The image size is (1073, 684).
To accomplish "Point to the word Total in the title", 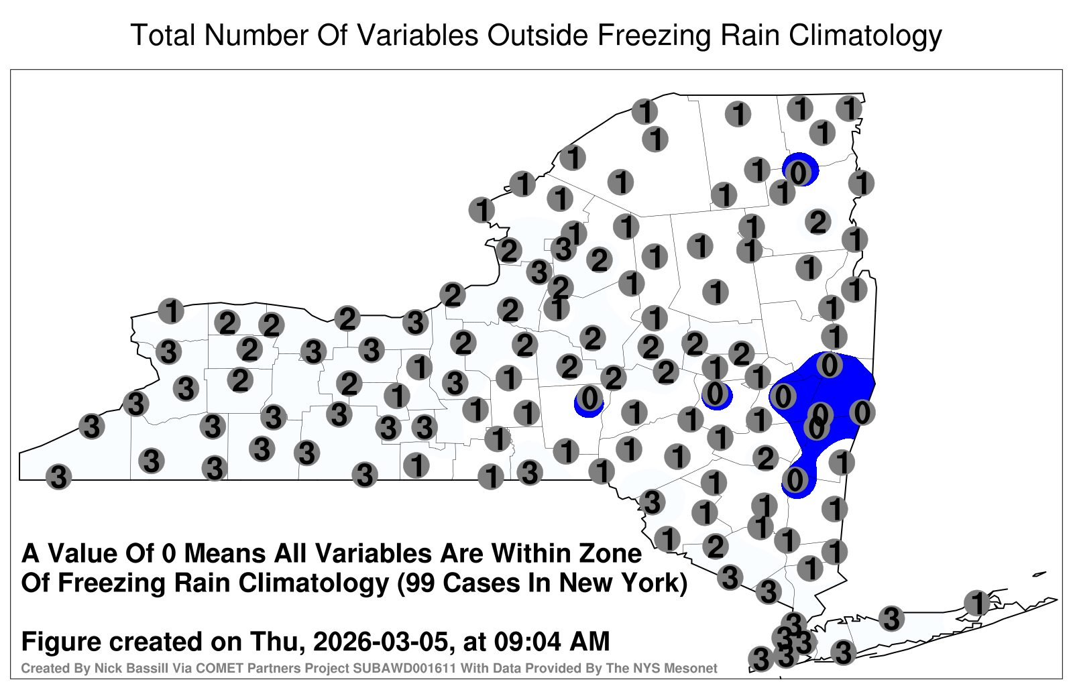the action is (163, 35).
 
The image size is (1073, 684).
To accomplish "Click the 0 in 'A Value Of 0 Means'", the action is (170, 554).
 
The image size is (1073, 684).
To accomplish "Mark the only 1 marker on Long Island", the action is (976, 603).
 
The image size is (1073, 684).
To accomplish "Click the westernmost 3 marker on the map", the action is (58, 477).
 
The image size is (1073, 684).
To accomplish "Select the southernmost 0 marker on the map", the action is (795, 479).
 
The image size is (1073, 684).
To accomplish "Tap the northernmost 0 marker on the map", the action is (798, 172).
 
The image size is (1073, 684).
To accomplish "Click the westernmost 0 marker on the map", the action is (589, 398).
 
